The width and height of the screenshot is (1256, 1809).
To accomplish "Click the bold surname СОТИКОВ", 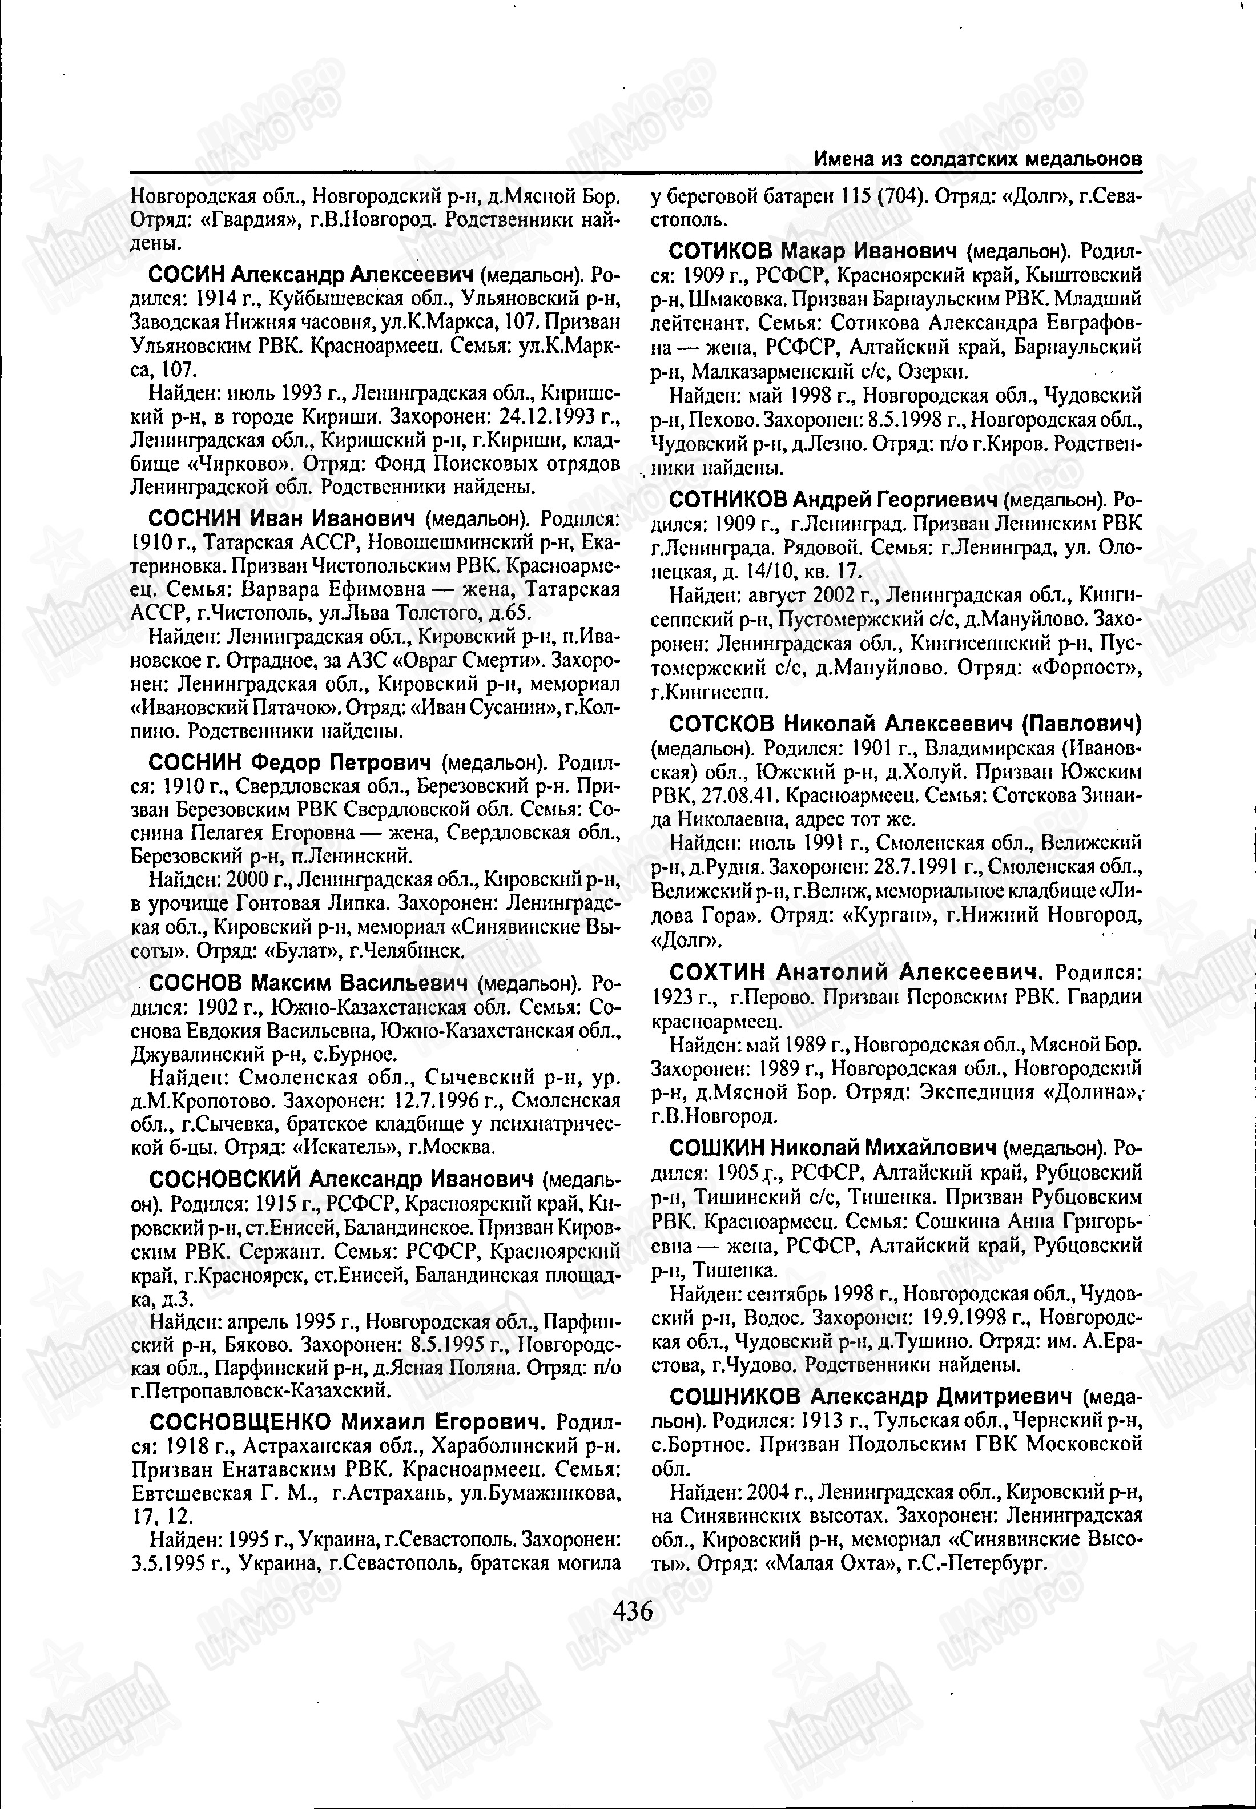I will pos(719,251).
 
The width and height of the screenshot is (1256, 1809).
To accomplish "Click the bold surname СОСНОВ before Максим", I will pos(196,983).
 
